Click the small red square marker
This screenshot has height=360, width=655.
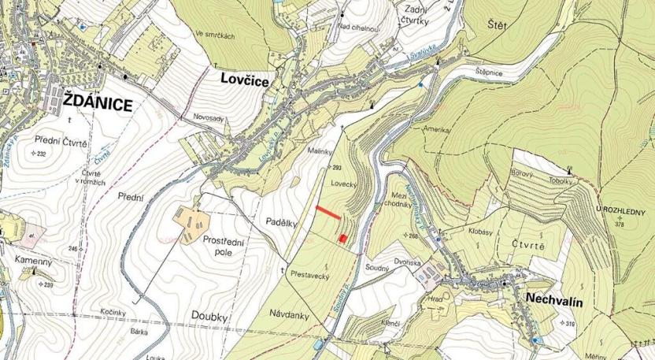pyautogui.click(x=342, y=237)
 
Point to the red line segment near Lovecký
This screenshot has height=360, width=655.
pyautogui.click(x=327, y=211)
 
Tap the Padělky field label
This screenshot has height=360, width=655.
pyautogui.click(x=281, y=222)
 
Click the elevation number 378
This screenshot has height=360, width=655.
pyautogui.click(x=623, y=224)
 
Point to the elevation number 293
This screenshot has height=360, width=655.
pyautogui.click(x=339, y=169)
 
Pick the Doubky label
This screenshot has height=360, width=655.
pyautogui.click(x=209, y=315)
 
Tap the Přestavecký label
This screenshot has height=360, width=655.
pyautogui.click(x=309, y=276)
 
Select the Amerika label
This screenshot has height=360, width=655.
pyautogui.click(x=435, y=128)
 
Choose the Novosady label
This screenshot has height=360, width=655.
pyautogui.click(x=208, y=117)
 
